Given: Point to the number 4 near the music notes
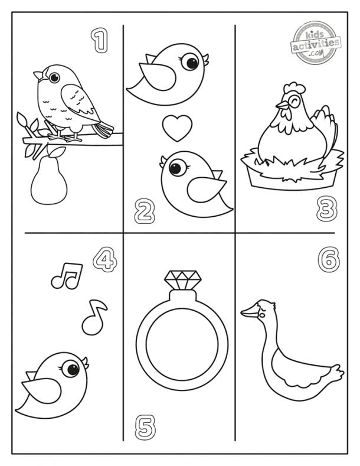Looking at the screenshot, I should pyautogui.click(x=104, y=260).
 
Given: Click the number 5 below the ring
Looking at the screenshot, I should pyautogui.click(x=145, y=426).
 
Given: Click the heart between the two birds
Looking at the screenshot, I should pyautogui.click(x=177, y=128).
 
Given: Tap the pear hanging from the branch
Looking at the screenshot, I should pyautogui.click(x=45, y=183).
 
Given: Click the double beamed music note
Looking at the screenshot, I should pyautogui.click(x=66, y=276).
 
